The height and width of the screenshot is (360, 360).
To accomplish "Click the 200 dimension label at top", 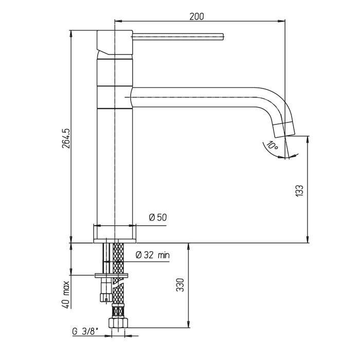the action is click(x=196, y=16).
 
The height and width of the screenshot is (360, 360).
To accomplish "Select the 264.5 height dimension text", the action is click(x=66, y=138).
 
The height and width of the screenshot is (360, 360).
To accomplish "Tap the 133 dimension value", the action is click(x=299, y=190).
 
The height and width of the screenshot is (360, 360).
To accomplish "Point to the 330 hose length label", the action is click(x=180, y=285).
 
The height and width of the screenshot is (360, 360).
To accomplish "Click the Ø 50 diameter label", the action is click(x=158, y=217).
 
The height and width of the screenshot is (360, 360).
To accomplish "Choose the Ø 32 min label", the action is click(x=153, y=255).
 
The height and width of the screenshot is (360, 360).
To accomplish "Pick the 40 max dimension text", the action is click(x=66, y=294).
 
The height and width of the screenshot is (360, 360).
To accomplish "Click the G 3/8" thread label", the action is click(x=85, y=331).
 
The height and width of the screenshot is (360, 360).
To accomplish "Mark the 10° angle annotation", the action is click(x=273, y=145).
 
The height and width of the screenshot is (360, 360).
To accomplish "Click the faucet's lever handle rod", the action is click(x=178, y=37).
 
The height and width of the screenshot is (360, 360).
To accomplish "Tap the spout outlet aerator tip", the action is click(x=284, y=130).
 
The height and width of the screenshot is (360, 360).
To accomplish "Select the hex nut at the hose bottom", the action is click(x=118, y=322).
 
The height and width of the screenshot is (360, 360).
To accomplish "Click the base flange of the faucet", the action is click(x=115, y=233).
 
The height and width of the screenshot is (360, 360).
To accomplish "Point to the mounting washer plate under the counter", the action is click(x=112, y=276).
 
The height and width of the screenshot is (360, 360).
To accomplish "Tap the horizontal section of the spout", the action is click(x=193, y=97).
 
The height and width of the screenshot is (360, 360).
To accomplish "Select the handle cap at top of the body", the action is click(x=115, y=43).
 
